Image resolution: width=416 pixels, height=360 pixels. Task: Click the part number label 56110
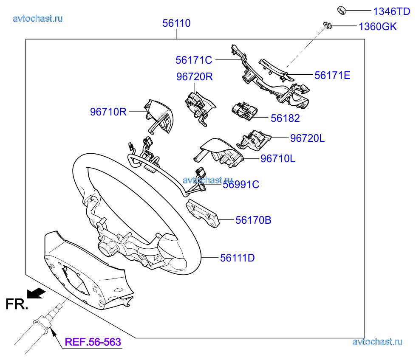(176, 23)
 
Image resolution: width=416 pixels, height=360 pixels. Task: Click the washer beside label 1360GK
(328, 26)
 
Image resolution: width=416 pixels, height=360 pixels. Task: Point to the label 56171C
(194, 60)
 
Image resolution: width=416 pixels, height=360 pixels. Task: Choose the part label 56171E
(332, 76)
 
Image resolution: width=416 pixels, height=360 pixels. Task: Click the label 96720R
(195, 77)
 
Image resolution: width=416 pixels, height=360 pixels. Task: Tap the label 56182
(285, 119)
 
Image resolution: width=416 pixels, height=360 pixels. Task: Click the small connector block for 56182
(244, 111)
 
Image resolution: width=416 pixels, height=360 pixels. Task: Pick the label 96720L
(307, 138)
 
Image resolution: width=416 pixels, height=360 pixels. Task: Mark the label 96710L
(277, 159)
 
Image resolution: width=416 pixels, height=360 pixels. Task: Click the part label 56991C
(241, 185)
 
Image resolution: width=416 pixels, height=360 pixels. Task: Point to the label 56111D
(238, 258)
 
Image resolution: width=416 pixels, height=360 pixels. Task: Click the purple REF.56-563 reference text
(93, 342)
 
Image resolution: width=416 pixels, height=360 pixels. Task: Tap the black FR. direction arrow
(36, 292)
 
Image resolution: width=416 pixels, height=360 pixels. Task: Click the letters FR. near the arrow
(16, 304)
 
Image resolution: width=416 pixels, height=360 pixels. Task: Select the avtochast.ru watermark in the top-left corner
(38, 18)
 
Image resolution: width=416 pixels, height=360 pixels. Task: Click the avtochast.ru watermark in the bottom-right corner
(377, 342)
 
